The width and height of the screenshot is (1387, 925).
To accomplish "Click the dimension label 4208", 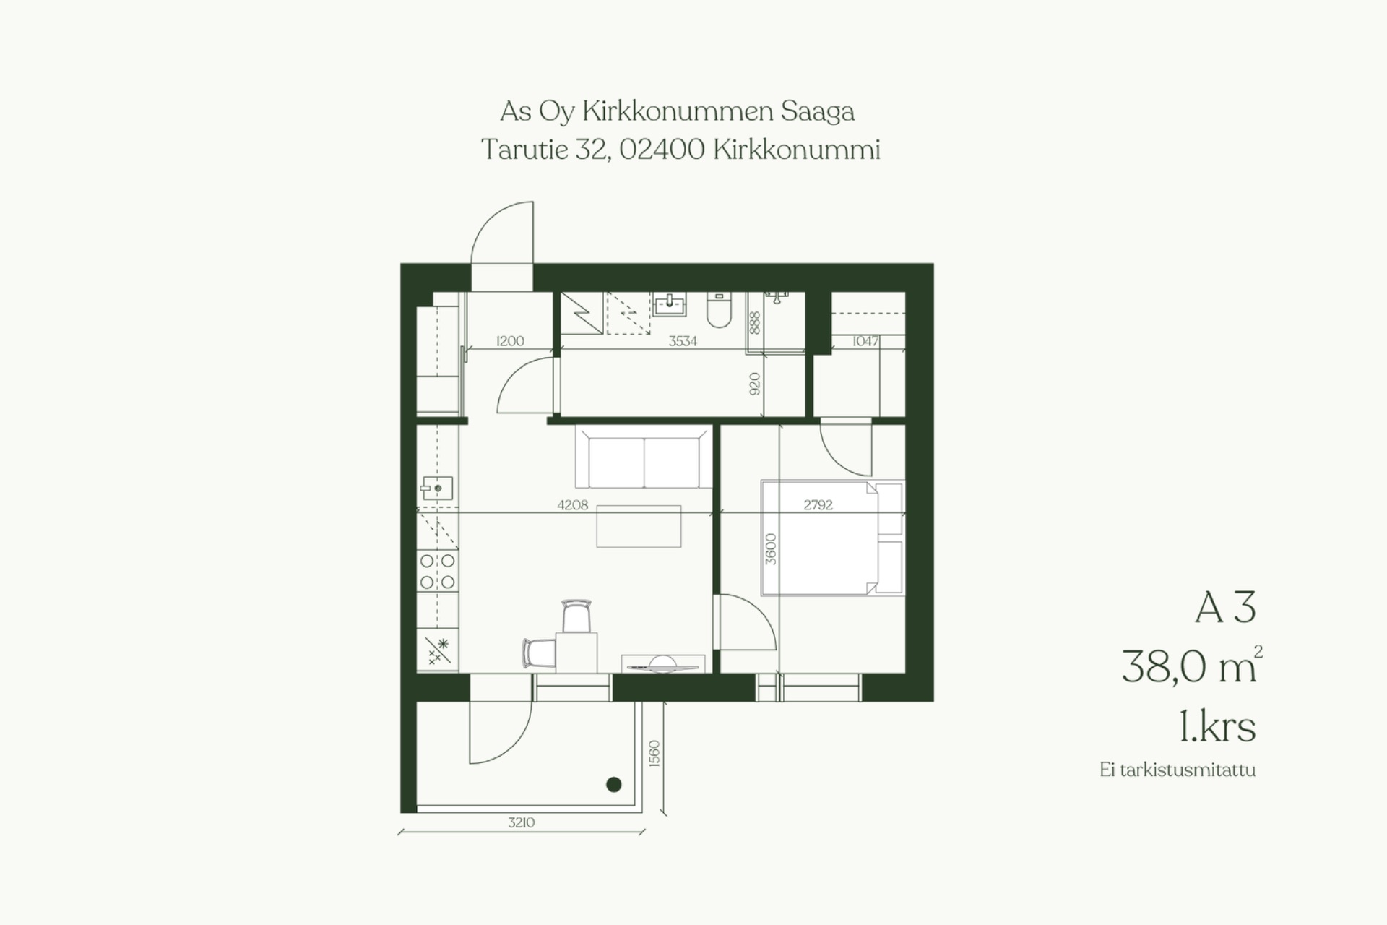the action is (572, 505).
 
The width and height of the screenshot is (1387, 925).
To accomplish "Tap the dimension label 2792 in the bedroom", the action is (818, 505).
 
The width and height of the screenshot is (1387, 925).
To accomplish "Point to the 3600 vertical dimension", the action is (771, 549).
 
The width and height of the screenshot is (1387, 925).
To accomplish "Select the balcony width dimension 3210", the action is (521, 822).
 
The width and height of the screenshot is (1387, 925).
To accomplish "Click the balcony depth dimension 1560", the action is (654, 754).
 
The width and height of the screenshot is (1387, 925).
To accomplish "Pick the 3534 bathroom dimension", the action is (683, 341).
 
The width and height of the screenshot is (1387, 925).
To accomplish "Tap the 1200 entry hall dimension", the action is (510, 341).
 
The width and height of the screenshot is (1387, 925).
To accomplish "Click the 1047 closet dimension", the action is (865, 341).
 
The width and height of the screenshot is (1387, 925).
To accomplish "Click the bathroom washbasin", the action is (670, 304).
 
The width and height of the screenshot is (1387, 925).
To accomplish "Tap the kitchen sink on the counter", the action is (437, 489).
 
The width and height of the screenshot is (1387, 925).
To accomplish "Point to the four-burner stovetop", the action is (438, 571).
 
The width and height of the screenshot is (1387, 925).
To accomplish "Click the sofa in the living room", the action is (644, 457).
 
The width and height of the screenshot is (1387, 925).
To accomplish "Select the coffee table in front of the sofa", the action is (639, 526).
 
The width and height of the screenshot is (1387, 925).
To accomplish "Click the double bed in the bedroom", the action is (832, 538).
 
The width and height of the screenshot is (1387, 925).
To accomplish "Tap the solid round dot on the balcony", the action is (614, 784).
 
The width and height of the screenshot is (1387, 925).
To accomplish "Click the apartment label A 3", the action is (1225, 607).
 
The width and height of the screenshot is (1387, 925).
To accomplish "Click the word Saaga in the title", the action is (817, 111).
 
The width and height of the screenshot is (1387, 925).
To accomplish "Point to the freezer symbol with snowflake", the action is (438, 650).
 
